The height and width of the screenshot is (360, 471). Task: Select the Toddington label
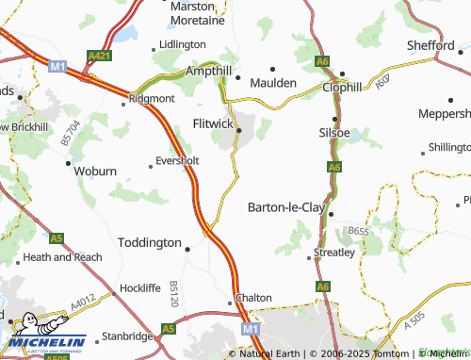150,242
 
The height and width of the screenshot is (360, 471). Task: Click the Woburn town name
96,171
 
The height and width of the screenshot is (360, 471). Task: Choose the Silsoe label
335,134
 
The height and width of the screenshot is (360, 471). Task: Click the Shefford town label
430,45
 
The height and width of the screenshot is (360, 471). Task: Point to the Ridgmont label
152,97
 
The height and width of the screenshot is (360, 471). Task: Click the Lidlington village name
183,44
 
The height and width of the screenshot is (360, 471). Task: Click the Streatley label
334,253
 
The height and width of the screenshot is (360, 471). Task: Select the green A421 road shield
99,56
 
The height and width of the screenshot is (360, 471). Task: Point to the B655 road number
357,230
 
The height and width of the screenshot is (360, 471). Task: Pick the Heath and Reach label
63,256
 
